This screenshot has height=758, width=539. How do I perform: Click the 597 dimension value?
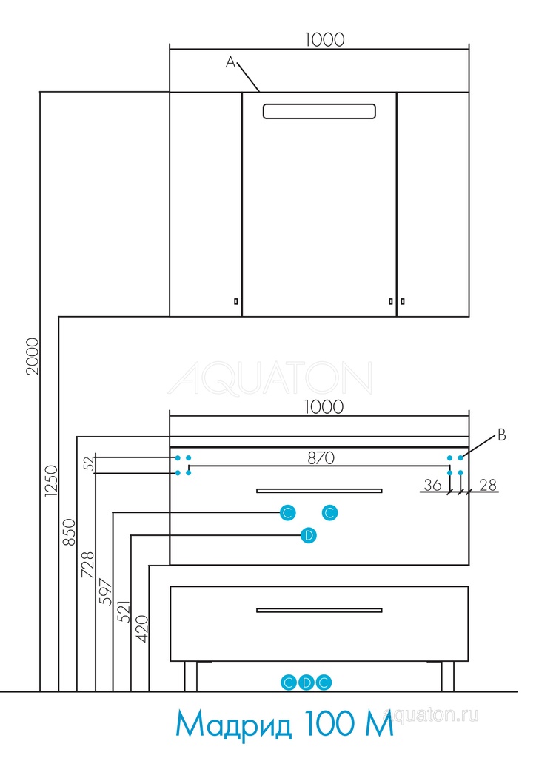(x=105, y=591)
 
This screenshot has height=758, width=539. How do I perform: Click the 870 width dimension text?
(x=321, y=458)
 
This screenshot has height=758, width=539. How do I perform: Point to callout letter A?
(x=230, y=64)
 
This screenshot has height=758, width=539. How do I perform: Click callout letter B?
(x=501, y=435)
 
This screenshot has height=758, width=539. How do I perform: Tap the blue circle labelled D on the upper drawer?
(x=309, y=534)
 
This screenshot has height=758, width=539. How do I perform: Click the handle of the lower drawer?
(x=319, y=610)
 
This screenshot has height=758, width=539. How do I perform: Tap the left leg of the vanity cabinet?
(x=190, y=676)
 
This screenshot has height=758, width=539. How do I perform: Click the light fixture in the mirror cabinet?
(x=319, y=111)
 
